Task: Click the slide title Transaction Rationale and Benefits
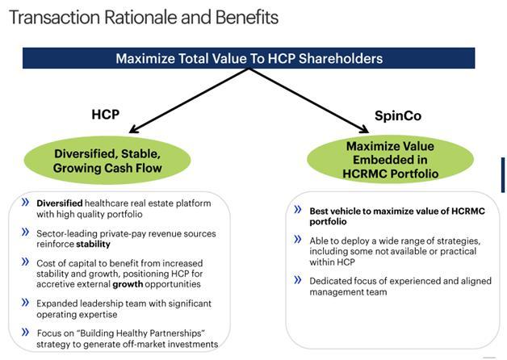[x=144, y=17]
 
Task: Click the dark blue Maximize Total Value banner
[x=249, y=58]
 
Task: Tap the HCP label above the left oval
[x=106, y=115]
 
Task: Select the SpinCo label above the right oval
[x=398, y=115]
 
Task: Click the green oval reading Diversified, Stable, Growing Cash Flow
[x=107, y=161]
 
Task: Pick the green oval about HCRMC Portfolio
[x=390, y=159]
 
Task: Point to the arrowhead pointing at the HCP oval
[x=133, y=129]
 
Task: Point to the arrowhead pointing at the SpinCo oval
[x=364, y=129]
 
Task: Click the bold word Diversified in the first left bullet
[x=60, y=203]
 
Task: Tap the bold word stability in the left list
[x=93, y=244]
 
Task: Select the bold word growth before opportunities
[x=128, y=284]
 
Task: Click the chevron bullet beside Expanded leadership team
[x=25, y=303]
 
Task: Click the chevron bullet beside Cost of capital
[x=25, y=262]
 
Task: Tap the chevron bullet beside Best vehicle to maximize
[x=298, y=209]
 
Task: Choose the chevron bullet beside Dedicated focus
[x=298, y=280]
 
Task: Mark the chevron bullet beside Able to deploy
[x=298, y=240]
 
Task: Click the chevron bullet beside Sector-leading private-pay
[x=25, y=232]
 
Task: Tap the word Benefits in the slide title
[x=247, y=17]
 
